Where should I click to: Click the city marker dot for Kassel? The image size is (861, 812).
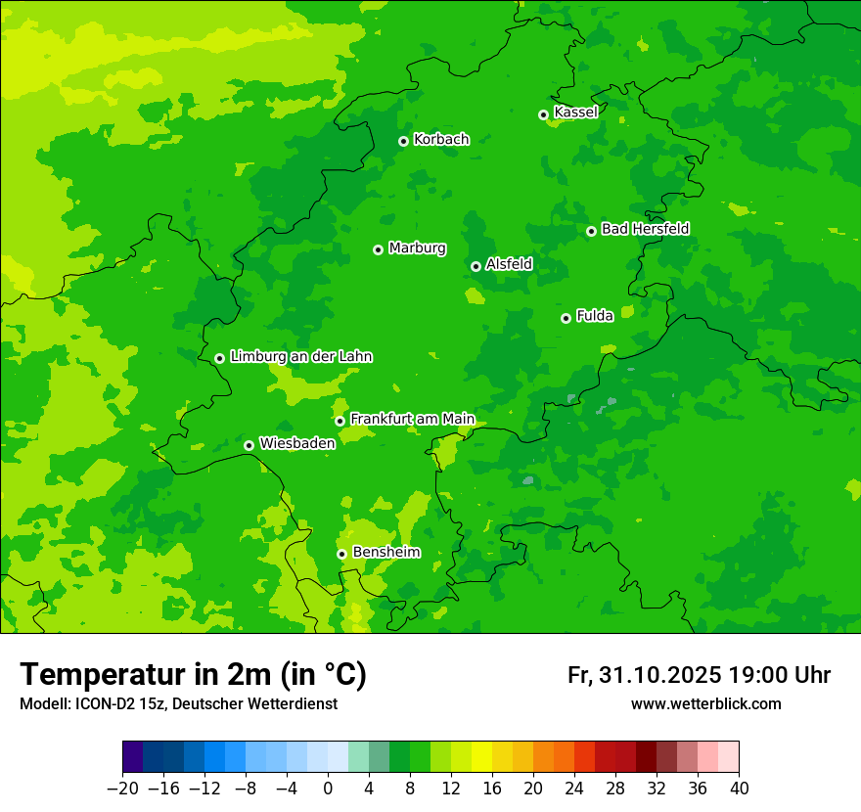pyautogui.click(x=543, y=114)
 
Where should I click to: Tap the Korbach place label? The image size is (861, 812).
pyautogui.click(x=441, y=140)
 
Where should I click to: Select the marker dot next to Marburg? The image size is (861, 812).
pyautogui.click(x=378, y=249)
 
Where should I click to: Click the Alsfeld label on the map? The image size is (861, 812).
pyautogui.click(x=509, y=264)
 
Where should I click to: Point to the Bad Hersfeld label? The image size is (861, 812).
pyautogui.click(x=645, y=229)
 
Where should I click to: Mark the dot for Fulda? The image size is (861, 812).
pyautogui.click(x=566, y=318)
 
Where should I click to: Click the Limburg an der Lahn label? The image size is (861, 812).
pyautogui.click(x=300, y=357)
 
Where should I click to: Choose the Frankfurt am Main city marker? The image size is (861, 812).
pyautogui.click(x=340, y=421)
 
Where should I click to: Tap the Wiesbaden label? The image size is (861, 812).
pyautogui.click(x=296, y=443)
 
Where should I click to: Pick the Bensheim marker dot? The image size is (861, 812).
pyautogui.click(x=341, y=554)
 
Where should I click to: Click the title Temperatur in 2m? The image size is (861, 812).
pyautogui.click(x=193, y=675)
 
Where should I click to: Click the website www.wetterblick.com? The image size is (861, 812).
pyautogui.click(x=705, y=704)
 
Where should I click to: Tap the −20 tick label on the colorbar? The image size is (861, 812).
pyautogui.click(x=122, y=789)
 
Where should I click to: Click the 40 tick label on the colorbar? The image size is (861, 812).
pyautogui.click(x=739, y=789)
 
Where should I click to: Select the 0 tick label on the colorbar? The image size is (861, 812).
pyautogui.click(x=328, y=789)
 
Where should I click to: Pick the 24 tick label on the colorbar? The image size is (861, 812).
pyautogui.click(x=574, y=789)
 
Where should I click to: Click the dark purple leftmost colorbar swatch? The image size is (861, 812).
pyautogui.click(x=132, y=757)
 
